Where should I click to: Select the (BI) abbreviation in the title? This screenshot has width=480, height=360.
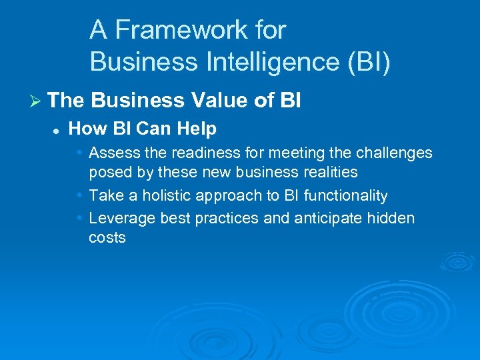tap(366, 62)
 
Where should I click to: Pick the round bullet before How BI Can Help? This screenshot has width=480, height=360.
tap(57, 129)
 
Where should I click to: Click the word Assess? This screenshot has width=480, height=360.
tap(111, 153)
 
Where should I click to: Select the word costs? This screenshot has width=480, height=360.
tap(107, 238)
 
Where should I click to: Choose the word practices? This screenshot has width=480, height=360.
tap(226, 219)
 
